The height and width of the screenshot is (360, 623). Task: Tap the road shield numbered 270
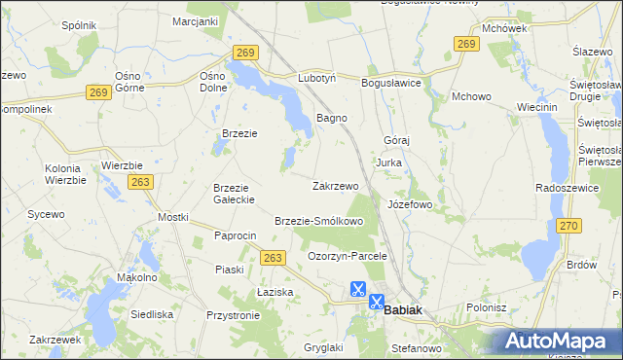click(569, 226)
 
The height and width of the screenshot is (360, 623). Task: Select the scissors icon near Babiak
click(357, 289)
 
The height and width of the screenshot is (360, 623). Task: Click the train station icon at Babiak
click(376, 302)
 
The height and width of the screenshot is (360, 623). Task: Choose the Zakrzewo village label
click(336, 185)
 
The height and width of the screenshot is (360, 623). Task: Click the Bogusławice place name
click(390, 83)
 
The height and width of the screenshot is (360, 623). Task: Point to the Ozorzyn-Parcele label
click(348, 256)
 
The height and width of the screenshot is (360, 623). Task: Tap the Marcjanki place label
click(195, 20)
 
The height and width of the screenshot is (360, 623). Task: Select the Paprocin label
click(235, 235)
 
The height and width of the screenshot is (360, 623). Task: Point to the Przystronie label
click(233, 315)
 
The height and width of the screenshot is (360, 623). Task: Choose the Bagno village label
click(333, 118)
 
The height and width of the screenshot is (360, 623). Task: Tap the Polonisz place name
click(487, 307)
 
